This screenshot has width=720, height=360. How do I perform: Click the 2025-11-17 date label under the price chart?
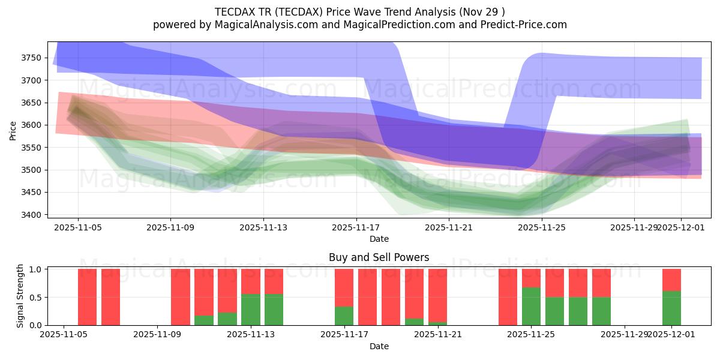[x=356, y=228]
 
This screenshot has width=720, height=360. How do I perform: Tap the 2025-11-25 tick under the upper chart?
[x=542, y=228]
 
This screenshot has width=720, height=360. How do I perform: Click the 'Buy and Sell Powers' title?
[x=379, y=257]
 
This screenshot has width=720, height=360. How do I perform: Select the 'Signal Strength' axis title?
[x=20, y=296]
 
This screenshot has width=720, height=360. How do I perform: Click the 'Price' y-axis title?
[x=13, y=130]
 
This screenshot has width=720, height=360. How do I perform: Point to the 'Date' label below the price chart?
[x=379, y=239]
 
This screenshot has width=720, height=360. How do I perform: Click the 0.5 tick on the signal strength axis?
[x=35, y=297]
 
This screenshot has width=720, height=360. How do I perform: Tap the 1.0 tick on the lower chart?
[x=35, y=269]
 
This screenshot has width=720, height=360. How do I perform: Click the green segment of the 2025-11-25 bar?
[x=531, y=306]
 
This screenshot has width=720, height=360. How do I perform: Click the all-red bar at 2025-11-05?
[x=87, y=297]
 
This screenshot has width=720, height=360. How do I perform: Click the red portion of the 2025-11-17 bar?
[x=344, y=288]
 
